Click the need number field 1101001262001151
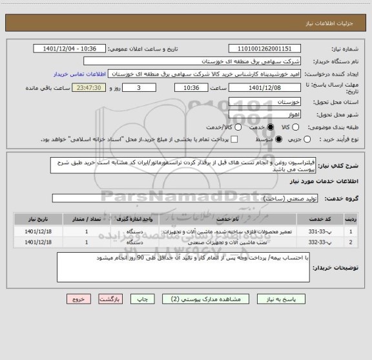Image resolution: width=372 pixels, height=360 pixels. click(264, 48)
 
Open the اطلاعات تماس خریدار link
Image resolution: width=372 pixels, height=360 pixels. click(74, 74)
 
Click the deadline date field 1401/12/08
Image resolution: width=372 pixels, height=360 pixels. click(264, 87)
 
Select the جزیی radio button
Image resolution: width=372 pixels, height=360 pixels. click(307, 139)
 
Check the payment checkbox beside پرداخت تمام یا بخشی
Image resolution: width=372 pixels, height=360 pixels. click(234, 139)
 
